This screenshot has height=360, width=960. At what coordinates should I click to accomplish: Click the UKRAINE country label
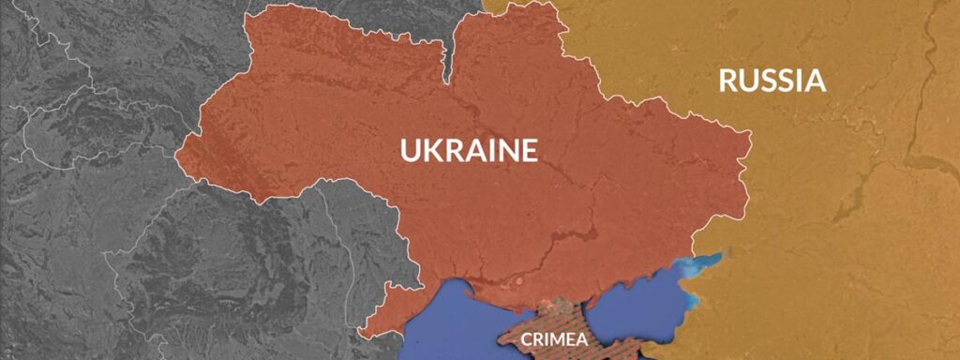[x=469, y=150]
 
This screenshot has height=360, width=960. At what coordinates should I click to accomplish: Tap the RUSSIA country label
[x=772, y=81]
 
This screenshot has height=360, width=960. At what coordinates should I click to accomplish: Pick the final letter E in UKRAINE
[x=529, y=150]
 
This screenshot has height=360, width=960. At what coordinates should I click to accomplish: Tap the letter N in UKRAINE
[x=507, y=150]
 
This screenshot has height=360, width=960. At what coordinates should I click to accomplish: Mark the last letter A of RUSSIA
[x=816, y=81]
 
